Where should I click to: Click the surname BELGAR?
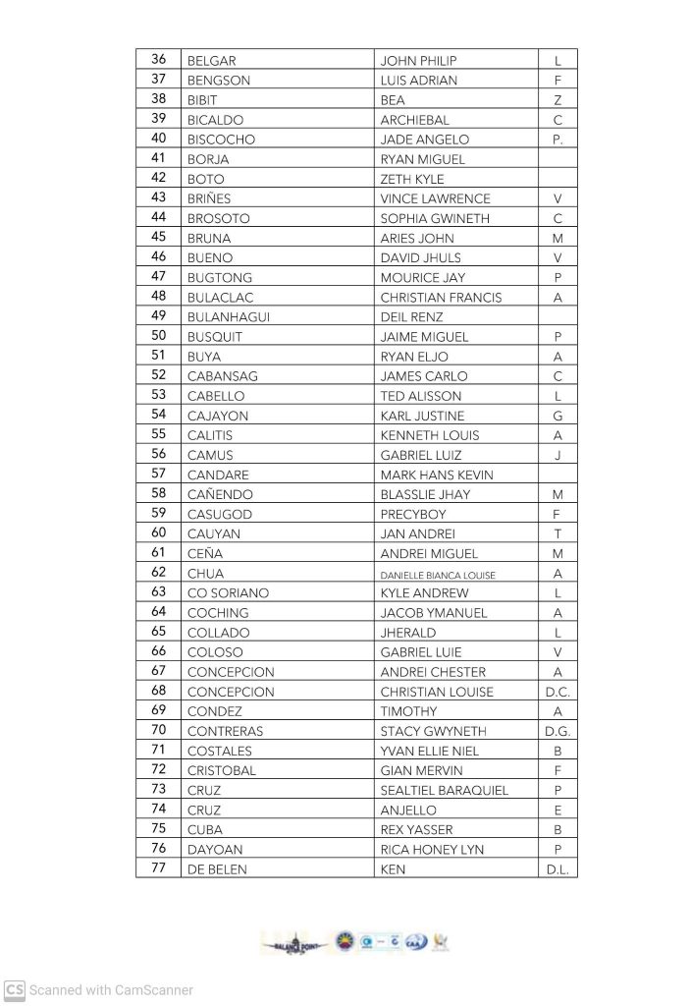pos(210,61)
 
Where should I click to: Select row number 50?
pos(159,336)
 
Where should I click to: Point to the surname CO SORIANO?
pos(228,593)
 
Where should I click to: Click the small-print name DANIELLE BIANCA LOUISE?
pos(438,574)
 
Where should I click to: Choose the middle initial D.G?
pos(557,731)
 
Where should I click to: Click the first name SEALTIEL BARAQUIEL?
pos(445,790)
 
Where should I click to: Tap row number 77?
pos(159,868)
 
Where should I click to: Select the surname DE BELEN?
pos(217,869)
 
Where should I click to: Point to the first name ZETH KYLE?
pos(412,179)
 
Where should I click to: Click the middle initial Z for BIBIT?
pos(557,100)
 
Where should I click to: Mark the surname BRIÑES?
pos(209,198)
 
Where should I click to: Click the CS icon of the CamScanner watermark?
pos(14,990)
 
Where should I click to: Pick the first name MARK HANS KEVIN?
pos(437,475)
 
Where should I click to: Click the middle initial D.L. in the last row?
pos(557,869)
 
